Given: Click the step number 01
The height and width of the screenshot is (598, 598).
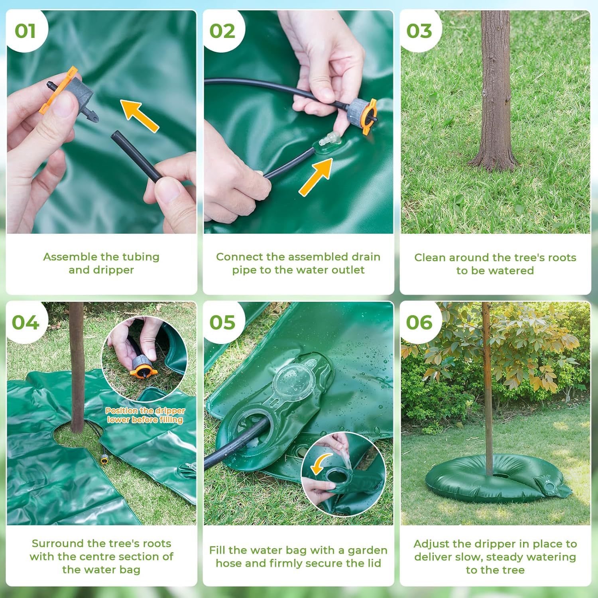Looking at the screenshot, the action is [x=25, y=31].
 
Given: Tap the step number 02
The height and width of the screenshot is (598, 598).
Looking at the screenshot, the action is [x=222, y=31].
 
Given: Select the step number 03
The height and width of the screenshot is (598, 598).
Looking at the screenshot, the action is [x=419, y=31].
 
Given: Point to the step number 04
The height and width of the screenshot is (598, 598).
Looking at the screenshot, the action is [x=26, y=323].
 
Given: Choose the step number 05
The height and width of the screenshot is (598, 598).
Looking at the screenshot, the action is [x=222, y=323].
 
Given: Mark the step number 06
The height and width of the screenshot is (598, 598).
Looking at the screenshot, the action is [x=419, y=323].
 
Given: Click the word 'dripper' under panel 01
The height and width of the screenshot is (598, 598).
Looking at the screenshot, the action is [x=113, y=270].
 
